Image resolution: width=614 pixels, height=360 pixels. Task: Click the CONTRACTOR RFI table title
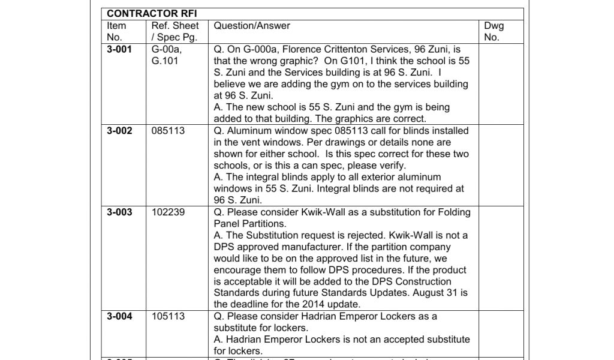(143, 14)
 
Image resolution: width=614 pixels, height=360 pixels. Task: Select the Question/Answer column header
(252, 26)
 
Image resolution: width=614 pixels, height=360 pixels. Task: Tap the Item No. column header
(116, 31)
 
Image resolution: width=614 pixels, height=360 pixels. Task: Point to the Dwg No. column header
(494, 31)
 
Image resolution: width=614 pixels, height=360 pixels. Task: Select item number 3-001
(119, 49)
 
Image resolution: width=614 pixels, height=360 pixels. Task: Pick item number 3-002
(119, 131)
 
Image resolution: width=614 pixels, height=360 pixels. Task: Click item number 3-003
(119, 212)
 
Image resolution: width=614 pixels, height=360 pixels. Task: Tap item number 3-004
(119, 316)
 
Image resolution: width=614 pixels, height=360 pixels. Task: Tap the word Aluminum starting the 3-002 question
(248, 131)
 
